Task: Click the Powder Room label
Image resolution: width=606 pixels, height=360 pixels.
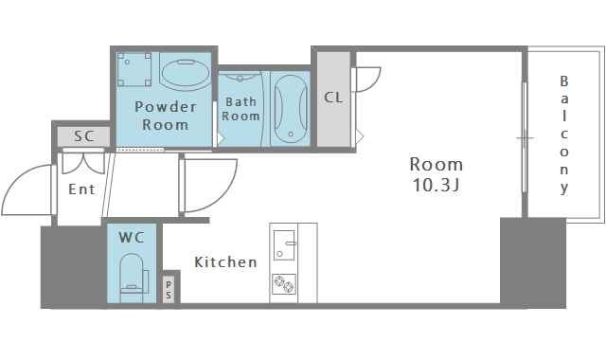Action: pyautogui.click(x=166, y=116)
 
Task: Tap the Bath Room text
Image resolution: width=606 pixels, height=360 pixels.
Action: pyautogui.click(x=241, y=109)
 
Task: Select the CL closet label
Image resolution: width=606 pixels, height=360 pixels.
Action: pyautogui.click(x=333, y=98)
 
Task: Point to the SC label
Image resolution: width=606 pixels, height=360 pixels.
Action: pyautogui.click(x=84, y=136)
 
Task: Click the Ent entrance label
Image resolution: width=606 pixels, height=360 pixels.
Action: pyautogui.click(x=81, y=189)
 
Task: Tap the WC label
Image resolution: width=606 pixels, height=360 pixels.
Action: pyautogui.click(x=132, y=238)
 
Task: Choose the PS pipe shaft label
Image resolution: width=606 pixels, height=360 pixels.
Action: pyautogui.click(x=169, y=290)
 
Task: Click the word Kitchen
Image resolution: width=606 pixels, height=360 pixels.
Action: pyautogui.click(x=225, y=262)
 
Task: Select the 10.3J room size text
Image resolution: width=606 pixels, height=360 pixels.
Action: pyautogui.click(x=437, y=185)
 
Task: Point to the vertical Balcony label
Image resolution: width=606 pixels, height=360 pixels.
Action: pyautogui.click(x=564, y=135)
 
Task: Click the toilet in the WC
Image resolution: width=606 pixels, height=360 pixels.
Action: pyautogui.click(x=134, y=278)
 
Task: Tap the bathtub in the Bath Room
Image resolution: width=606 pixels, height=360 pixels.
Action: pyautogui.click(x=291, y=109)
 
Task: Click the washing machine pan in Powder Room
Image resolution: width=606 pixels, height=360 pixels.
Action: pyautogui.click(x=134, y=69)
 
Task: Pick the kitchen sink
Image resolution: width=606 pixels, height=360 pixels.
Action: pyautogui.click(x=285, y=245)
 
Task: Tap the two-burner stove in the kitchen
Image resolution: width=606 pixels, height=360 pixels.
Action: pyautogui.click(x=284, y=284)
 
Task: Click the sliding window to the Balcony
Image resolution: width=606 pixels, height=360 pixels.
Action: pyautogui.click(x=525, y=137)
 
